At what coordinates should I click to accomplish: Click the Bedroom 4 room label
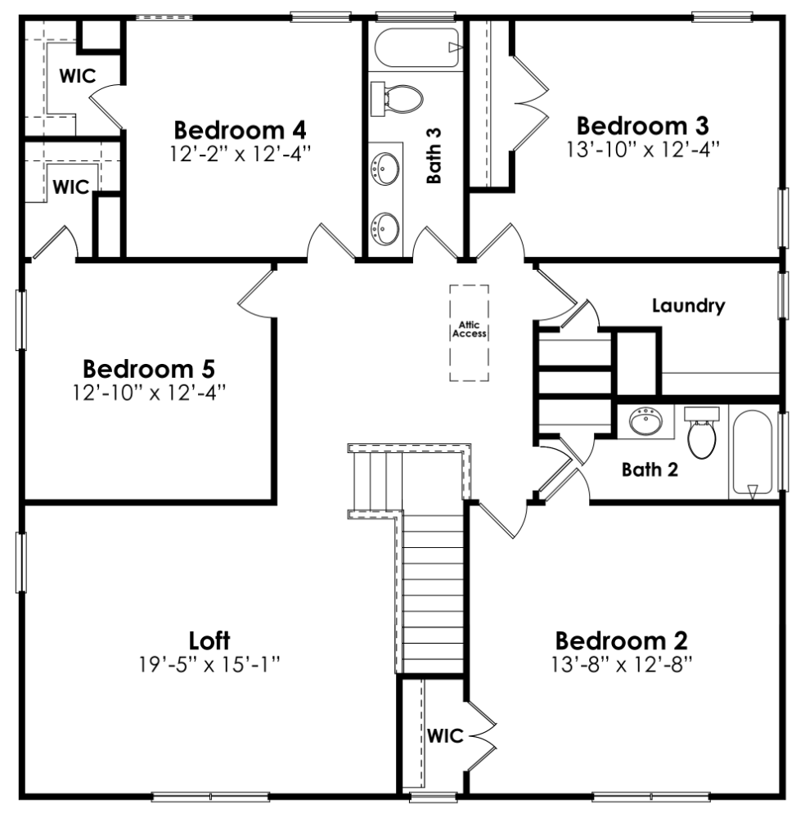click(241, 130)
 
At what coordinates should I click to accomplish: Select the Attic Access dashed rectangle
click(469, 331)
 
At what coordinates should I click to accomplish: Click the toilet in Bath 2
click(702, 433)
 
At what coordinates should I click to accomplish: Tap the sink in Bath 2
click(646, 424)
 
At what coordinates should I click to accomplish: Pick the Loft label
click(209, 638)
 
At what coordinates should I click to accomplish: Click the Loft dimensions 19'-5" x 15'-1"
click(209, 663)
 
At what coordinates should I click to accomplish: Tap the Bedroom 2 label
click(621, 639)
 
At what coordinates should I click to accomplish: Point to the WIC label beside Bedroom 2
click(444, 735)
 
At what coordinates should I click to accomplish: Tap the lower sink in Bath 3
click(384, 225)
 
